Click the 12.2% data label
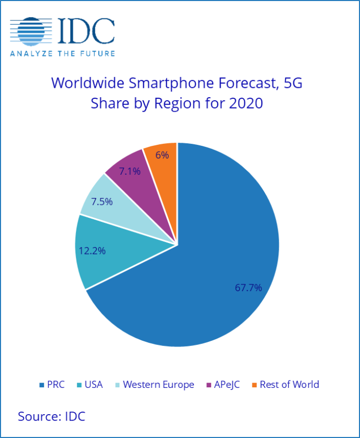pos(92,250)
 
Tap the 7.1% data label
pos(130,171)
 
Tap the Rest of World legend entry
pos(285,384)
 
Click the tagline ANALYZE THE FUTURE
pos(63,53)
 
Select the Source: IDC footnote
pos(51,416)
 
